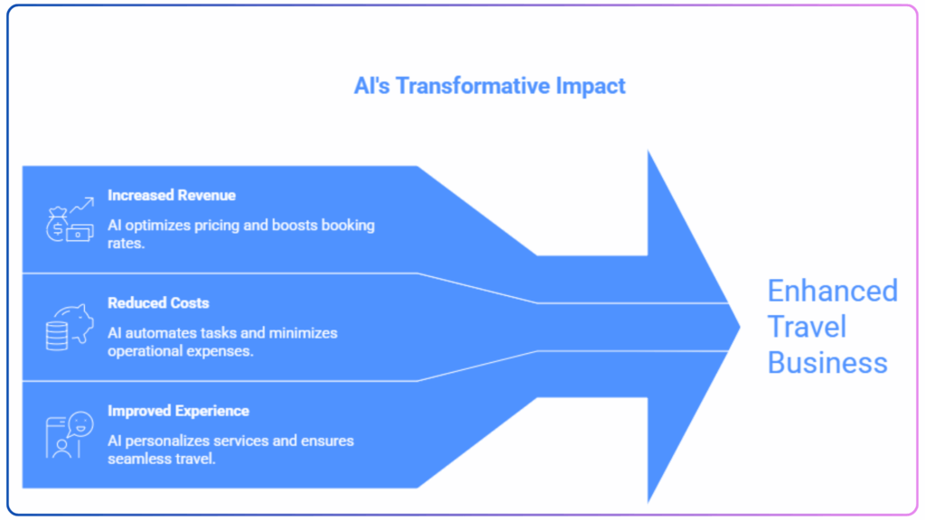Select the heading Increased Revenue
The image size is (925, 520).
[x=172, y=195]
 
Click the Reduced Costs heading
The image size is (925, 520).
[x=158, y=303]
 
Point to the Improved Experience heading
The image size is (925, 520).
[x=178, y=411]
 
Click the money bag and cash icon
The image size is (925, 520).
[x=70, y=220]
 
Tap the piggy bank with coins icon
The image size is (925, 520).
[x=70, y=327]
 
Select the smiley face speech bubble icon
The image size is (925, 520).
[x=70, y=435]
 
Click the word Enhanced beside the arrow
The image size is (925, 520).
[x=832, y=291]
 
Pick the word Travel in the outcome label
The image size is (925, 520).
[x=807, y=327]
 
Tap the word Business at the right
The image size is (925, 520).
[x=827, y=363]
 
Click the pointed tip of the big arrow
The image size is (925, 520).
[x=740, y=327]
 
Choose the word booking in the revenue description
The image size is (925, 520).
[x=348, y=226]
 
